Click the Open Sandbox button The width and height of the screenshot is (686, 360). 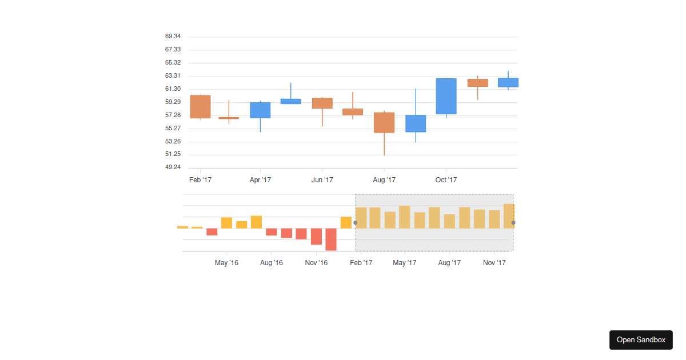tap(641, 339)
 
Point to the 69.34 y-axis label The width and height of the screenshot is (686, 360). tap(173, 37)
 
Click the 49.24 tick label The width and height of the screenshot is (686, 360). tap(173, 167)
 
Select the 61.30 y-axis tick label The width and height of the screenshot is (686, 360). tap(173, 89)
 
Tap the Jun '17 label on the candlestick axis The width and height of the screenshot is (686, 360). tap(322, 180)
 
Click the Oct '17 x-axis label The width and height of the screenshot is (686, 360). tap(446, 180)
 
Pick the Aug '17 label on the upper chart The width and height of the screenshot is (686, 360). tap(384, 180)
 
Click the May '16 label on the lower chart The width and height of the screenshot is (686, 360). tap(226, 263)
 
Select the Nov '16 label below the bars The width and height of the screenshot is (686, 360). tap(316, 263)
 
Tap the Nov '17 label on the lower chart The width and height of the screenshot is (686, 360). tap(494, 263)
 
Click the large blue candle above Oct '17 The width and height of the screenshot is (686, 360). tap(446, 96)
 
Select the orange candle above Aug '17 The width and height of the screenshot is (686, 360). tap(384, 122)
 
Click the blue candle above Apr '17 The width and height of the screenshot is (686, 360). tap(260, 110)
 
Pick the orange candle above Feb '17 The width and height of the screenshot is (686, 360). tap(200, 106)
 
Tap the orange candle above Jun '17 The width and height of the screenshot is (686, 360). tap(322, 103)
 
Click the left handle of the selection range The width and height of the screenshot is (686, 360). tap(355, 223)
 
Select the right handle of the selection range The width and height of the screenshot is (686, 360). tap(513, 223)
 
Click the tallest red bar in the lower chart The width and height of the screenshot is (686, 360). tap(331, 239)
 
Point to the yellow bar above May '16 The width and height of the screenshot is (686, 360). tap(226, 223)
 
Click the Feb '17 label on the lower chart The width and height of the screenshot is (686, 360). tap(361, 263)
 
